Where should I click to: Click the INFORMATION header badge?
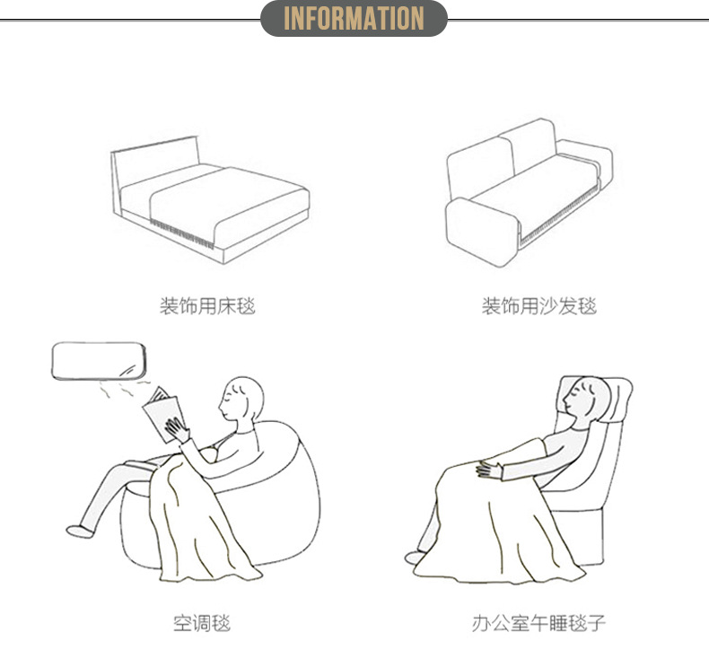354,18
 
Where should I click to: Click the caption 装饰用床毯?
207,306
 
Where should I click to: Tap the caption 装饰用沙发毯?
538,306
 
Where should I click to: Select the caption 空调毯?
201,621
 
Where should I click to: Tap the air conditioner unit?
97,360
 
